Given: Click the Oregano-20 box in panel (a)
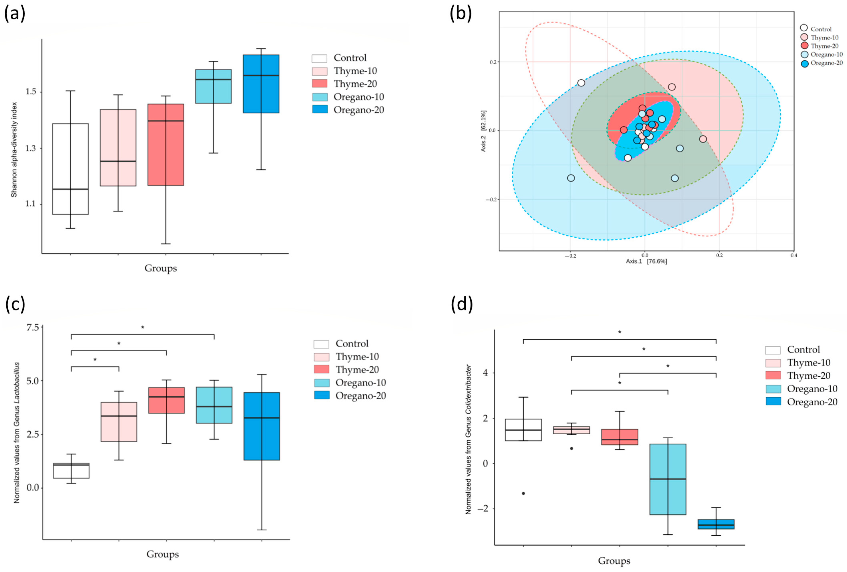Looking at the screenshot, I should coord(261,84).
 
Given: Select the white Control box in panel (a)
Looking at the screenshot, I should coord(70,169).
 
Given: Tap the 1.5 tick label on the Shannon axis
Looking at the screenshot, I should coord(31,91).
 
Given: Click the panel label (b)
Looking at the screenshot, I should coord(461,14).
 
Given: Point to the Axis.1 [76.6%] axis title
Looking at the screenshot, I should coord(646,261).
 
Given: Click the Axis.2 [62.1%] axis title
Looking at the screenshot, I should coord(483,131).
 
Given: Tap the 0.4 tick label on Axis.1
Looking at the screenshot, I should coord(793,255).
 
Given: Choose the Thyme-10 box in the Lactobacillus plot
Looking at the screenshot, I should coord(119,422).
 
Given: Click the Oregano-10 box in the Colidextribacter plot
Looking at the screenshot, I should coord(668,479).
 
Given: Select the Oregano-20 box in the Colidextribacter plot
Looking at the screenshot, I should coord(716,524).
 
